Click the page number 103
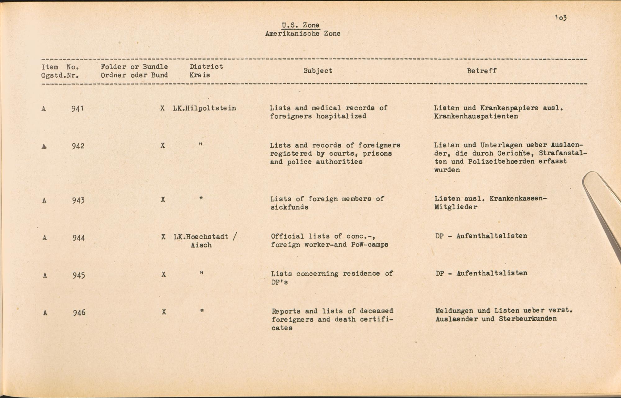561,18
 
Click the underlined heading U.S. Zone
300,25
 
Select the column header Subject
318,71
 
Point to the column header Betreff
482,71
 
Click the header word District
206,66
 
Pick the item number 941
77,108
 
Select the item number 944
79,238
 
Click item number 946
79,313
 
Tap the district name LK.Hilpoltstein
205,108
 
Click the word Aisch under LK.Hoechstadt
201,245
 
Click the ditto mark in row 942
201,144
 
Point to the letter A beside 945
45,275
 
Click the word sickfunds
289,207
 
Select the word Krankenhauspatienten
476,116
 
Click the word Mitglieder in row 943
456,207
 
